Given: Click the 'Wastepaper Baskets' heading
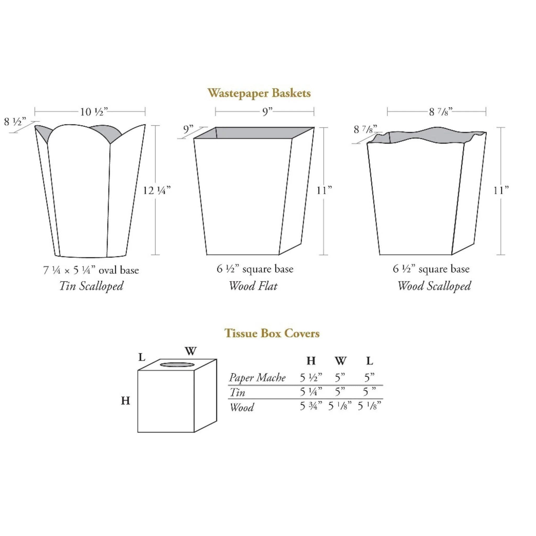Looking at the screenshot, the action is [x=259, y=93].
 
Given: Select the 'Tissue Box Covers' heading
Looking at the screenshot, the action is [x=272, y=333].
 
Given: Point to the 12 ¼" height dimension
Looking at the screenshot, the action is [x=157, y=190].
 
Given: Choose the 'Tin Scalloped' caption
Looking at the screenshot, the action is [x=91, y=286].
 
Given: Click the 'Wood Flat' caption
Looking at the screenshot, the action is [x=253, y=286].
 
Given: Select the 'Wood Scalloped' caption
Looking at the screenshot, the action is [x=434, y=286].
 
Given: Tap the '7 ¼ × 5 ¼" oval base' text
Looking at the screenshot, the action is [x=91, y=270].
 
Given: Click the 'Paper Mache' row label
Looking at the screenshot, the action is [x=257, y=378].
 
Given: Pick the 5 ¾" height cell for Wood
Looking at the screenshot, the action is [x=311, y=406].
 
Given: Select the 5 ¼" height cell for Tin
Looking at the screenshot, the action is [x=311, y=392].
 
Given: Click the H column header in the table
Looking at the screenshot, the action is [x=311, y=361].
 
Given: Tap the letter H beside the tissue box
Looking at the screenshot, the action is [x=126, y=400].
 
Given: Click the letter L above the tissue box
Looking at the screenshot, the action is [x=142, y=357].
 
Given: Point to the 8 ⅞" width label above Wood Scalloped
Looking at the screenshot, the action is [x=440, y=112].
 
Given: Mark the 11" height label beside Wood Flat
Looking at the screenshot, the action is [x=324, y=190].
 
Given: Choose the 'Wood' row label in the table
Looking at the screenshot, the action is [x=242, y=407].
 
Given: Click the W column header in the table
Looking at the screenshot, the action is [x=340, y=361].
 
